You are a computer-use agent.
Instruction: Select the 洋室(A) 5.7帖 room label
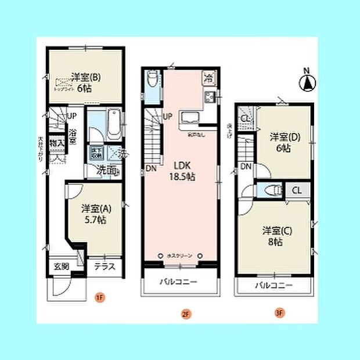pos(93,214)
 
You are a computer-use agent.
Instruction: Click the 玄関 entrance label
pos(62,267)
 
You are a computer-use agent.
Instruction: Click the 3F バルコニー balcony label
pos(273,286)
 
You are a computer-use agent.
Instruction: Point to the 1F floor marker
pos(99,298)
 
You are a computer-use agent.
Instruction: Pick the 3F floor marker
pos(279,313)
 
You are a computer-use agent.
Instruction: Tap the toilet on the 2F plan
pos(152,78)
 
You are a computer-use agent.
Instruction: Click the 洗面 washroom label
pos(106,171)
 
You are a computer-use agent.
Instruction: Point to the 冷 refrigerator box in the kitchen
pos(208,77)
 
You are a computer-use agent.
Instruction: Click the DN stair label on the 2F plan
pos(151,169)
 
